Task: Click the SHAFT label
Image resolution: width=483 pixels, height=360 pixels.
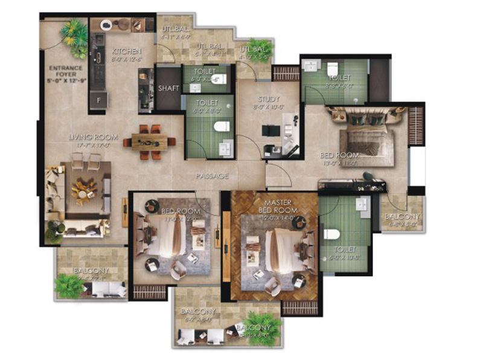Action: click(168, 88)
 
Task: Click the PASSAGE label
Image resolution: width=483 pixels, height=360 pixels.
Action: click(211, 176)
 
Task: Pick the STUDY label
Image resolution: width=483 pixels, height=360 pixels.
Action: click(267, 100)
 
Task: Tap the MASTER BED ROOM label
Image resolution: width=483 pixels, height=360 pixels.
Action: click(274, 206)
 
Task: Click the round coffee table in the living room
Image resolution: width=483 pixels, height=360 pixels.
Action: click(83, 190)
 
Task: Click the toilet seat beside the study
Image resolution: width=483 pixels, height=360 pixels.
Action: click(222, 126)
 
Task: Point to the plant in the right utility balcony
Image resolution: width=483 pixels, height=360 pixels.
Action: click(263, 48)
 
